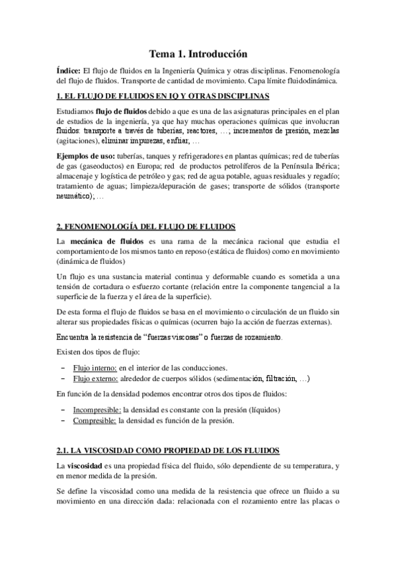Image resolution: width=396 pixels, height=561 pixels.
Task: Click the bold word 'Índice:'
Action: (70, 70)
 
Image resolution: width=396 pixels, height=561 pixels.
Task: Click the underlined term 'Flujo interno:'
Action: (93, 367)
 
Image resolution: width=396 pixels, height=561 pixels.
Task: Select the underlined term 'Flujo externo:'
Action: (94, 379)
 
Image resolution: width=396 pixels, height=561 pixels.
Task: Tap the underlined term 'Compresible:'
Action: (92, 420)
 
